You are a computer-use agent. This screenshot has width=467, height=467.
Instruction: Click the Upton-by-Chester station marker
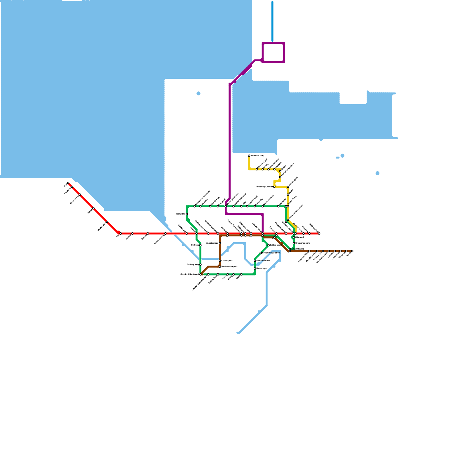(274, 187)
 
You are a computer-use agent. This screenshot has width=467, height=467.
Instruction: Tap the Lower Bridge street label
(271, 253)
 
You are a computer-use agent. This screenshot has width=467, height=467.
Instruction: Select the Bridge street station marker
(269, 245)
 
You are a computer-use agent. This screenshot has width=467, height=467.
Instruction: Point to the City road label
(299, 237)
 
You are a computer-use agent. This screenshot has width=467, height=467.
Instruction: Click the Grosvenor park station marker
(294, 243)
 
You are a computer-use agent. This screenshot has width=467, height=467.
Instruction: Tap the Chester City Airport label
(189, 274)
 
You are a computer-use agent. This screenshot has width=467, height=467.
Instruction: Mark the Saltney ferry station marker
(201, 265)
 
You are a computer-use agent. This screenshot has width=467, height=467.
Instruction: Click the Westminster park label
(229, 266)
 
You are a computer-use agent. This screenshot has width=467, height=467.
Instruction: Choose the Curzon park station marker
(220, 261)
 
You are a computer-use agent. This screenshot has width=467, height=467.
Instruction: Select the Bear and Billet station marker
(255, 261)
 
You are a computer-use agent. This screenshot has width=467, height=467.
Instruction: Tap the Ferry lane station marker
(187, 214)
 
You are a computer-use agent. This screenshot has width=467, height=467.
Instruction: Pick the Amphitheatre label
(297, 249)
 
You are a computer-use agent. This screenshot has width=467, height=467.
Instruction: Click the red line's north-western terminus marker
(68, 183)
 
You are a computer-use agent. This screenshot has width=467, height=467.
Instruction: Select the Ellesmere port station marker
(257, 169)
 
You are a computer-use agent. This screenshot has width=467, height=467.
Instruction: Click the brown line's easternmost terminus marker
(352, 251)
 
